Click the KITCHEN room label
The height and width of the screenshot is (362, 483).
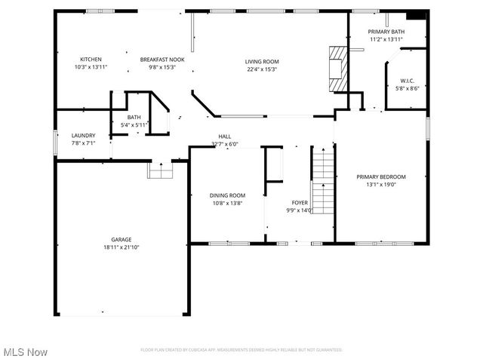[x=91, y=59]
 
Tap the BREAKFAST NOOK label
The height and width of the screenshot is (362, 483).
[x=162, y=59]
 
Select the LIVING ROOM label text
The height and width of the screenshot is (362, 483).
[x=262, y=61]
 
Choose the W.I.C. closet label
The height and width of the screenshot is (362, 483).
[x=407, y=81]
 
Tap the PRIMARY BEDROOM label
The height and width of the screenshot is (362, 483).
[x=381, y=176]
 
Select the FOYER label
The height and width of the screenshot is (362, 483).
[x=299, y=203]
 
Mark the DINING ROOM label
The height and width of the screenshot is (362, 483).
[x=227, y=195]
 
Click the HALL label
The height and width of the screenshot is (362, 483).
[x=224, y=136]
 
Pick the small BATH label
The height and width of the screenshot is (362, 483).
[x=134, y=117]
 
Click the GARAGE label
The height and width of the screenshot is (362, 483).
[x=122, y=239]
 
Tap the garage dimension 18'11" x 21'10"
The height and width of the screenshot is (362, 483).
[x=122, y=247]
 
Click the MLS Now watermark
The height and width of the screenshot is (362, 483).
[x=26, y=352]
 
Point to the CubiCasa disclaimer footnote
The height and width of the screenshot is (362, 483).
[x=241, y=350]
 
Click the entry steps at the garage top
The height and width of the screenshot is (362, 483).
[x=160, y=170]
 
